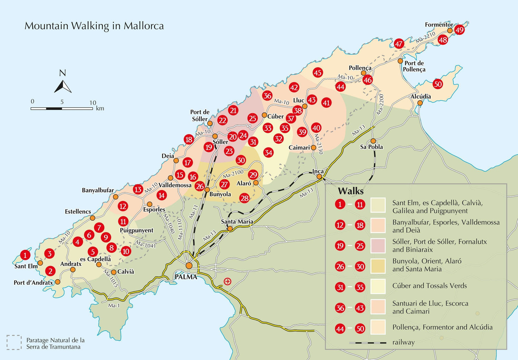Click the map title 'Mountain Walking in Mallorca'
tap(94, 26)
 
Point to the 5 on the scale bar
tap(62, 102)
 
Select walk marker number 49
tap(459, 30)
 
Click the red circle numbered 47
tap(399, 44)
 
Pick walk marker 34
tap(268, 152)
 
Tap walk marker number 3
tap(49, 254)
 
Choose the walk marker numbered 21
tap(233, 111)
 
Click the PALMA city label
tap(186, 277)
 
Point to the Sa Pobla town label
tap(371, 147)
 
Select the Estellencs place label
tap(78, 211)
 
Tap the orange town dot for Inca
tap(319, 177)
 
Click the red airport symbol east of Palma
tap(227, 281)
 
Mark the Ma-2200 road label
tap(380, 105)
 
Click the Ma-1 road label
tap(114, 305)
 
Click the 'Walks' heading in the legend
tap(351, 191)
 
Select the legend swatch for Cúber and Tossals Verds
tap(378, 286)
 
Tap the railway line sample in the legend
tap(367, 343)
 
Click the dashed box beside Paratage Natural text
tap(14, 342)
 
